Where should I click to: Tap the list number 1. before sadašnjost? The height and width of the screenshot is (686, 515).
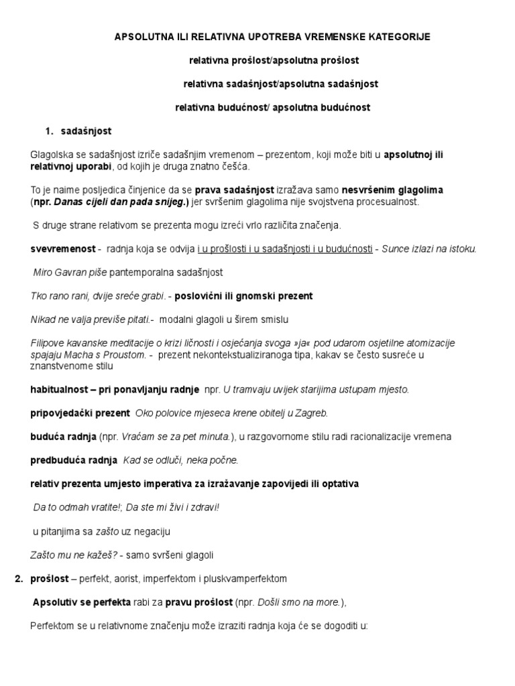[49, 131]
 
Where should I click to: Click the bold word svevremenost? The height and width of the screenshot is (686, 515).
[62, 249]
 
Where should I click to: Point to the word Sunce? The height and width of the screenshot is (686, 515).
[394, 249]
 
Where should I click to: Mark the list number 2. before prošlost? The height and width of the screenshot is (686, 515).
[19, 579]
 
